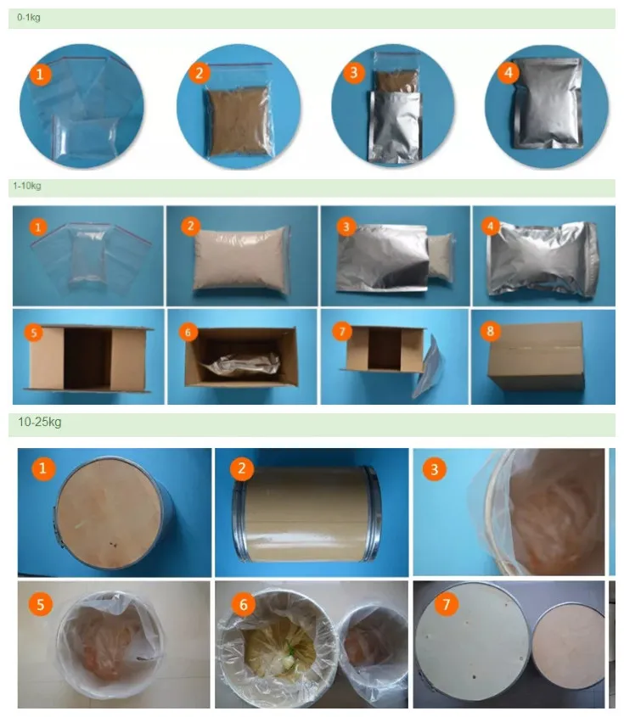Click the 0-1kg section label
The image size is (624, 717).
click(x=28, y=18)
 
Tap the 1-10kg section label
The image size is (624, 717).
click(x=27, y=186)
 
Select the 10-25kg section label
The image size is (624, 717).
click(x=39, y=422)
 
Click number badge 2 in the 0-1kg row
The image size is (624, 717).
click(x=199, y=73)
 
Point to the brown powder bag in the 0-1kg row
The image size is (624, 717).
click(x=238, y=120)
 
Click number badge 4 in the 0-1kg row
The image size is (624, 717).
click(x=509, y=72)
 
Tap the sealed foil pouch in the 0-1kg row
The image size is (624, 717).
click(x=548, y=103)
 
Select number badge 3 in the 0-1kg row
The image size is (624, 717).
click(x=353, y=72)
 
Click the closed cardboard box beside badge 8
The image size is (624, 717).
click(x=537, y=356)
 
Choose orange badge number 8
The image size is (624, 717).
click(x=490, y=331)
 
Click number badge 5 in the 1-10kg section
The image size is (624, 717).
click(x=33, y=333)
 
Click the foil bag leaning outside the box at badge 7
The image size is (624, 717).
click(x=429, y=366)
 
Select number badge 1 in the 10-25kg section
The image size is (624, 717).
click(x=43, y=468)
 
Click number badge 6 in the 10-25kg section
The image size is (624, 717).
click(x=243, y=604)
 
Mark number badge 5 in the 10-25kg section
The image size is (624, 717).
click(x=40, y=604)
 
